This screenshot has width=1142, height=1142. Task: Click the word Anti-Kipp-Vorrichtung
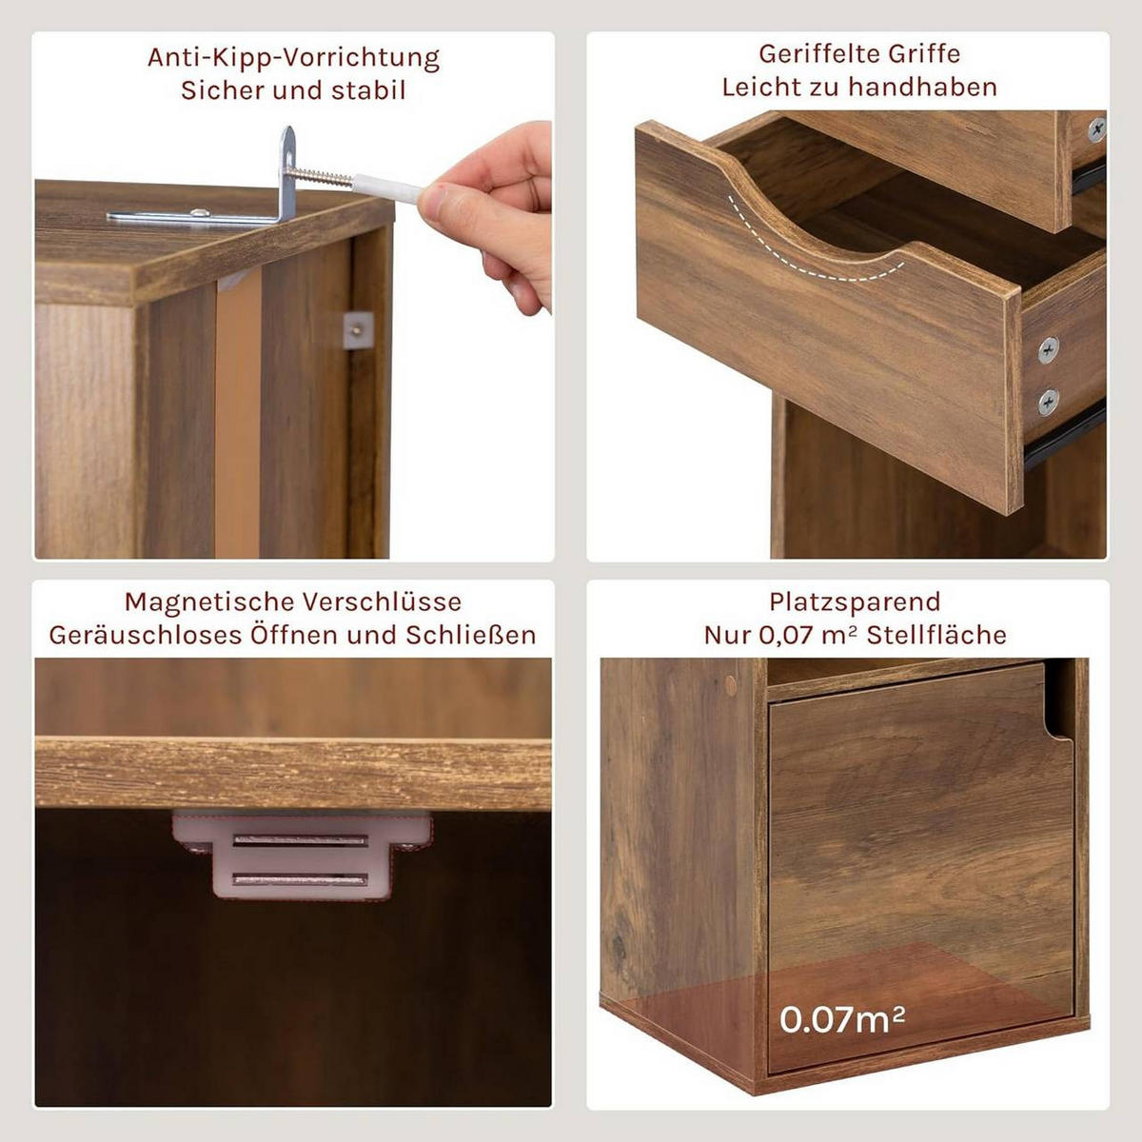pyautogui.click(x=293, y=58)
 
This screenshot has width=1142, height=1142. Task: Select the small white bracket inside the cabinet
pyautogui.click(x=357, y=330)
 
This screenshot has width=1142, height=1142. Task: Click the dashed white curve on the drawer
pyautogui.click(x=809, y=252)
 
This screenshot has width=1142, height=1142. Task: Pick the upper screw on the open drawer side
pyautogui.click(x=1048, y=349)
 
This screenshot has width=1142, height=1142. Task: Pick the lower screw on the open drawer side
pyautogui.click(x=1048, y=402)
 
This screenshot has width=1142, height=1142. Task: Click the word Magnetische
pyautogui.click(x=209, y=602)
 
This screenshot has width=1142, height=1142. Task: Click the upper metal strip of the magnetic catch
pyautogui.click(x=301, y=841)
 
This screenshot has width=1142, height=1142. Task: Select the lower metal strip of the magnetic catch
pyautogui.click(x=301, y=879)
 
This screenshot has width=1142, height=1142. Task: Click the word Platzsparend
pyautogui.click(x=855, y=602)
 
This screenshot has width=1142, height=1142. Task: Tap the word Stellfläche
pyautogui.click(x=936, y=636)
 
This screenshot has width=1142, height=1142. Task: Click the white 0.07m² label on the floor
pyautogui.click(x=842, y=1019)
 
